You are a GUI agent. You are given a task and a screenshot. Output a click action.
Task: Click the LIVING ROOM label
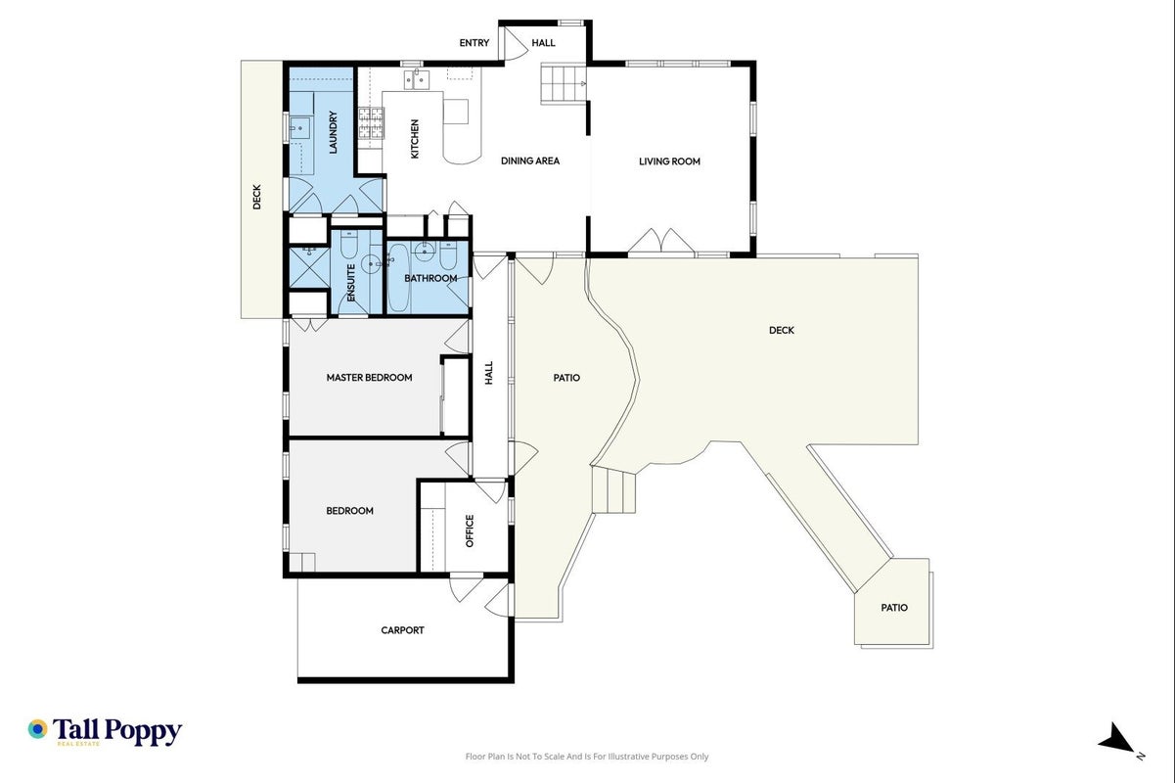(669, 161)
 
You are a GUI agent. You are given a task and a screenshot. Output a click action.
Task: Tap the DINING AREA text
(530, 161)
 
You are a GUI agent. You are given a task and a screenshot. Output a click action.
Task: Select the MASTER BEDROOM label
(369, 378)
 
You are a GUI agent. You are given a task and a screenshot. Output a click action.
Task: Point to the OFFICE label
(470, 530)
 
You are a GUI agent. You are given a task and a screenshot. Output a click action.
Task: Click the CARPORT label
(402, 630)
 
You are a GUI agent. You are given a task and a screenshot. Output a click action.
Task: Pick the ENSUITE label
(351, 282)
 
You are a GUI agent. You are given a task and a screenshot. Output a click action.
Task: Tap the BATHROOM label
(430, 278)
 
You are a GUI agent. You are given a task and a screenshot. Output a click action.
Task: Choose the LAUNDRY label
(333, 132)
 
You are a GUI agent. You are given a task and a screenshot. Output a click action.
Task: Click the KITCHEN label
(415, 139)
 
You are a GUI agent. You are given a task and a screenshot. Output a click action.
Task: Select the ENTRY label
(475, 43)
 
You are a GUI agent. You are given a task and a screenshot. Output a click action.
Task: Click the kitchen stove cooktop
(372, 123)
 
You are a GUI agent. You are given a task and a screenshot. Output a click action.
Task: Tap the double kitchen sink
(417, 79)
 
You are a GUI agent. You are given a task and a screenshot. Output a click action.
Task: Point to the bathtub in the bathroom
(397, 279)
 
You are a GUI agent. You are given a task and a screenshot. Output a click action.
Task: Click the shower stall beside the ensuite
(309, 267)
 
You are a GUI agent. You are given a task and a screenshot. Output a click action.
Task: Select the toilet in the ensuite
(349, 244)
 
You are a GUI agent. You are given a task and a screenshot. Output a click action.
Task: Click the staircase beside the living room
(564, 83)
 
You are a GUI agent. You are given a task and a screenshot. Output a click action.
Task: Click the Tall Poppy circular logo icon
(38, 729)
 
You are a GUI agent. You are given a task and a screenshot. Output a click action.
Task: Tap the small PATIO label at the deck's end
(894, 608)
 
